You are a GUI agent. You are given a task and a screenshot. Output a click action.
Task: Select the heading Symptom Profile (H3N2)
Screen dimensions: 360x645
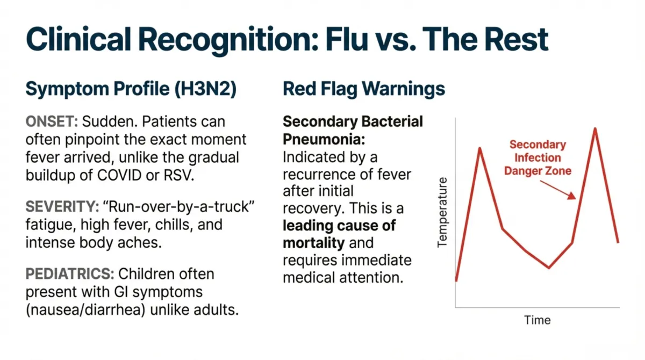pyautogui.click(x=131, y=89)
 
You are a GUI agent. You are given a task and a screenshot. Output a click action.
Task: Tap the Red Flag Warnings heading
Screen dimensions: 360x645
pyautogui.click(x=364, y=89)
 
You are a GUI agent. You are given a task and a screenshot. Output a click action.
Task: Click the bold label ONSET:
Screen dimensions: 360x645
pyautogui.click(x=52, y=122)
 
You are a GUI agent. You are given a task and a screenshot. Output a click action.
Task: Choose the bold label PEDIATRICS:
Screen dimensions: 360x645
pyautogui.click(x=70, y=275)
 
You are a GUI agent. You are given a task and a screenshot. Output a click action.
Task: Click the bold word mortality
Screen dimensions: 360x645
pyautogui.click(x=313, y=242)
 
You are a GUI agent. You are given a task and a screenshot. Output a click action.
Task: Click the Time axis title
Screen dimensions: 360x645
pyautogui.click(x=537, y=320)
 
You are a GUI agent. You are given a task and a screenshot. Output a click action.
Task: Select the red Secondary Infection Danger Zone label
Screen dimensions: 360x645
pyautogui.click(x=537, y=158)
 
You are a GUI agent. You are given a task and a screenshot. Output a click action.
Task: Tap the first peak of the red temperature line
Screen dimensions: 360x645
pyautogui.click(x=479, y=148)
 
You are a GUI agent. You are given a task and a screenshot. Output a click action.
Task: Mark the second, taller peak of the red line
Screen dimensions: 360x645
pyautogui.click(x=595, y=128)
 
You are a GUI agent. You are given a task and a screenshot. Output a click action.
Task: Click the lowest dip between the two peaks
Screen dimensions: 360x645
pyautogui.click(x=549, y=267)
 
